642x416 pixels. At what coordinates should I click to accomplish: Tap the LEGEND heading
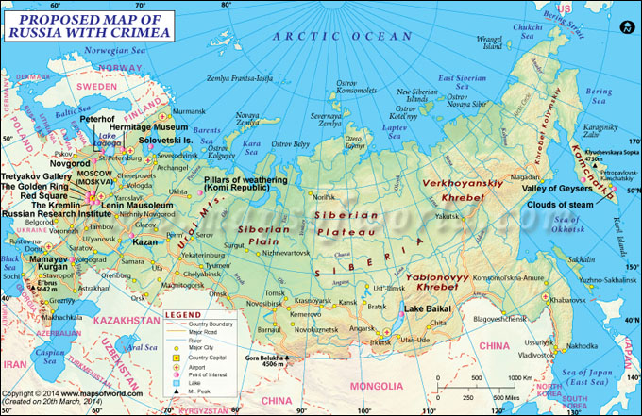183,314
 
